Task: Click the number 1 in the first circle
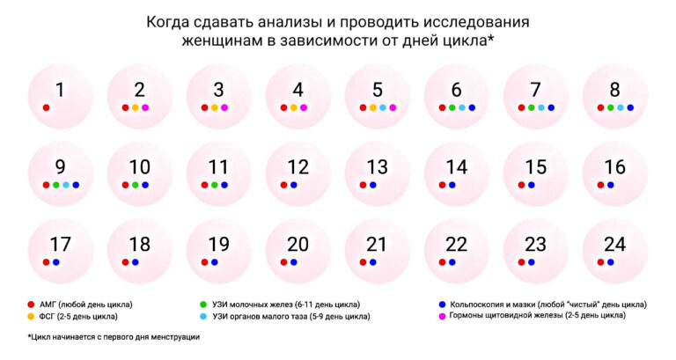coord(60,90)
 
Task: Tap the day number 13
coord(377,167)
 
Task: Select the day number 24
coord(614,245)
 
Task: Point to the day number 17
coord(60,245)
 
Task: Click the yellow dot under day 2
coord(136,107)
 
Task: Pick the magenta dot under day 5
coord(393,107)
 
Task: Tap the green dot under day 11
coord(214,185)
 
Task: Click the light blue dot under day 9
coord(66,185)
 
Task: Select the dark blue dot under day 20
coord(293,262)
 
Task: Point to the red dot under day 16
coord(600,185)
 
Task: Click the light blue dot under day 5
coord(383,107)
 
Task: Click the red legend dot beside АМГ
coord(32,304)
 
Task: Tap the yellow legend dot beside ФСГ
coord(32,315)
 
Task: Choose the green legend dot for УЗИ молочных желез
coord(204,304)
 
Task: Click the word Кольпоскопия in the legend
coord(479,304)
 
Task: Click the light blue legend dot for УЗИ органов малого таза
coord(204,315)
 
